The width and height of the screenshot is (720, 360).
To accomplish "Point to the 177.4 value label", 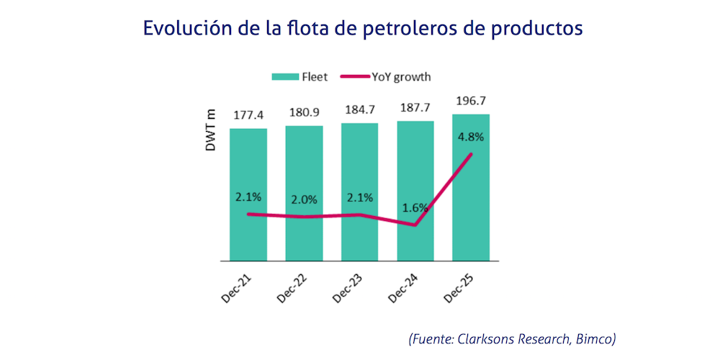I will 248,116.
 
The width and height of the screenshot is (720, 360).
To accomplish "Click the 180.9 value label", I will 304,113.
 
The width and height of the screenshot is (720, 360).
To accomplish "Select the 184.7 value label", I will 359,110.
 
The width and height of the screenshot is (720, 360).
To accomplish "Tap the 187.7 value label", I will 415,108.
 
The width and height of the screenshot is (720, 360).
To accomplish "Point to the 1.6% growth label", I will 415,207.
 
